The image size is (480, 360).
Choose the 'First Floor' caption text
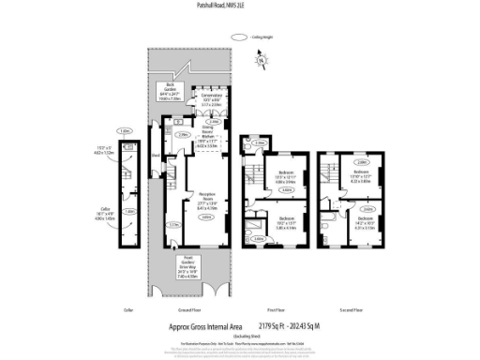[x=276, y=309]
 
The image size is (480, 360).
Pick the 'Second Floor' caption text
[x=351, y=309]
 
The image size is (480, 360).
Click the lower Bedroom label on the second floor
[x=365, y=222]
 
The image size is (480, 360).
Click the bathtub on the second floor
[x=324, y=232]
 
